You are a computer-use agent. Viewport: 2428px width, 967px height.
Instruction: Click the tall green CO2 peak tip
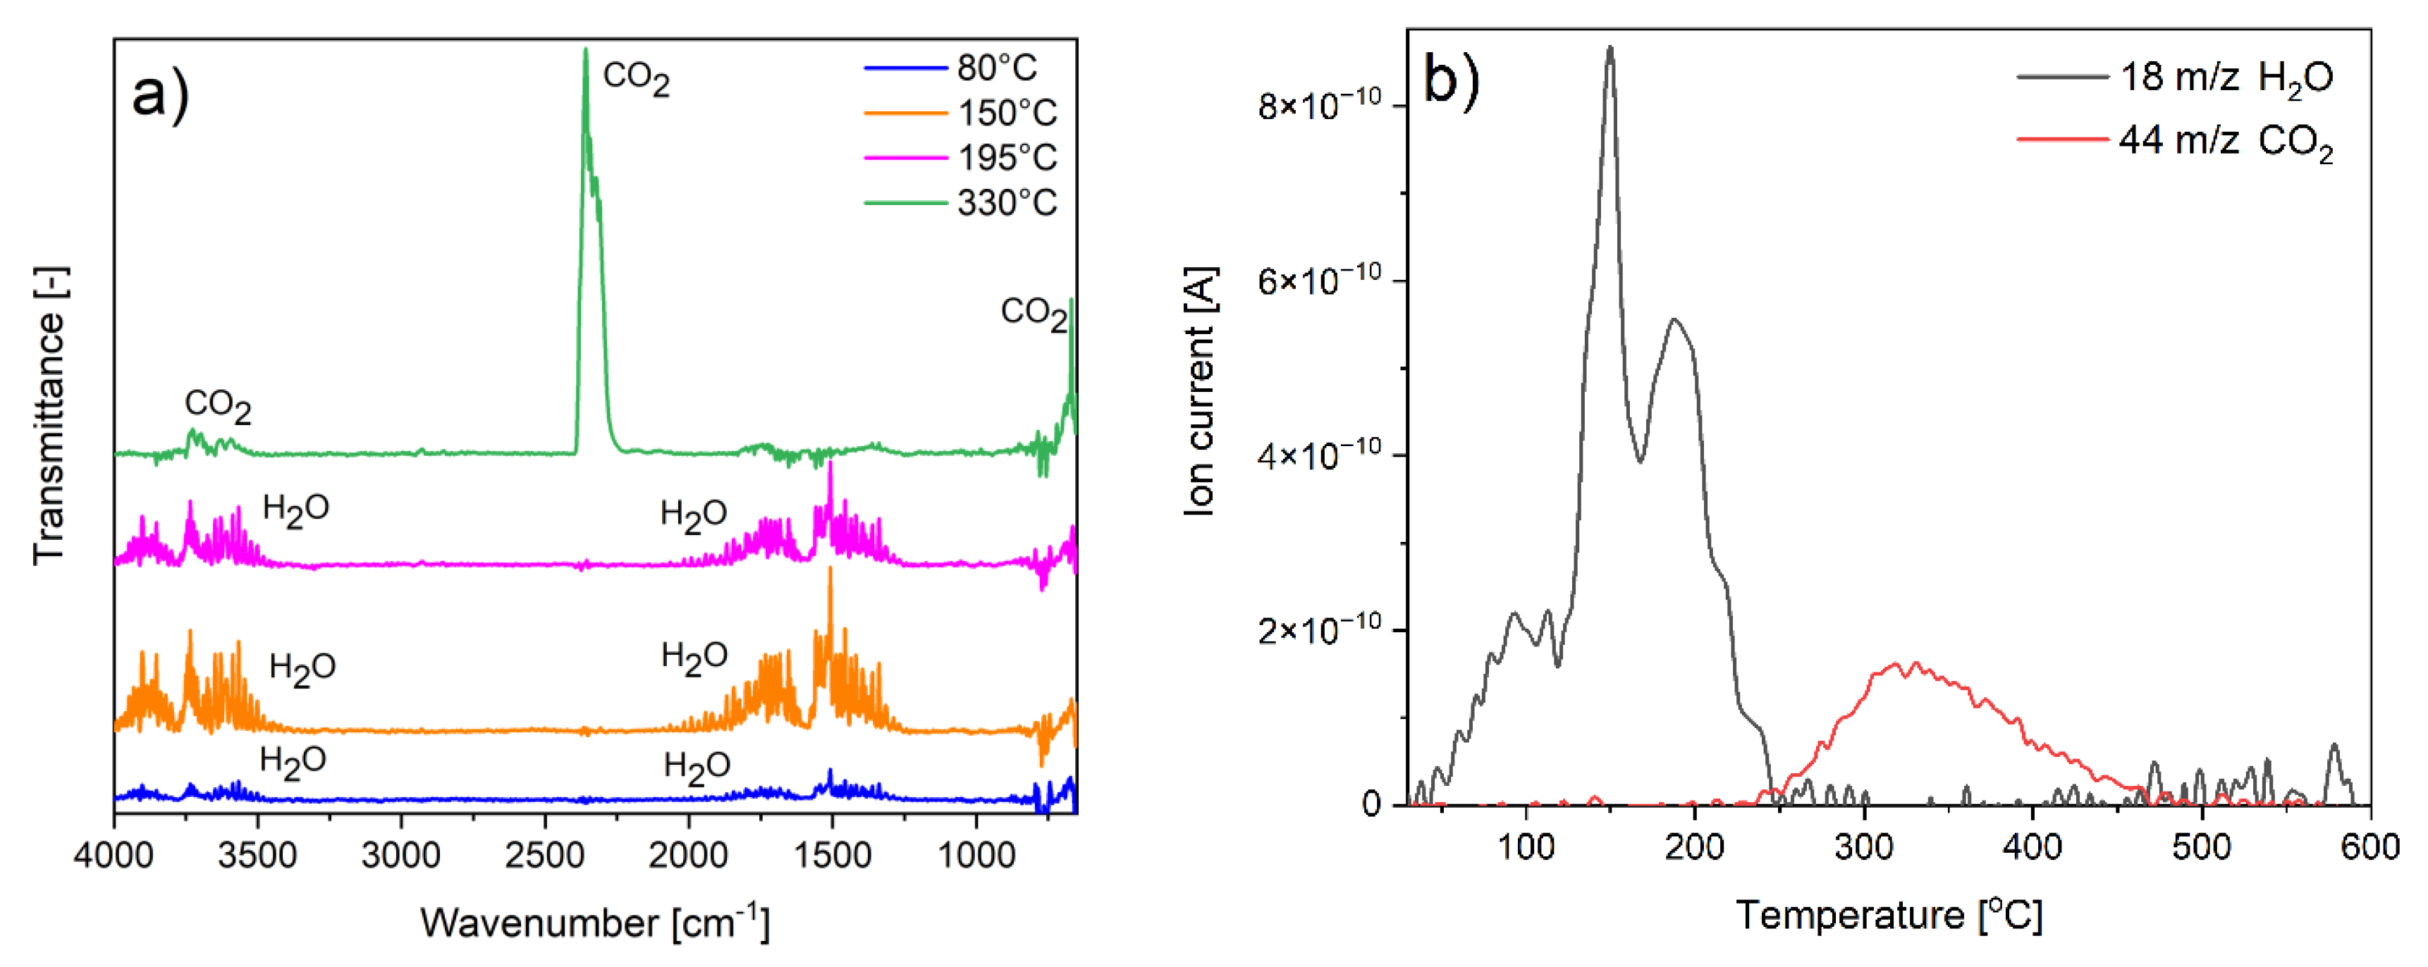(x=585, y=50)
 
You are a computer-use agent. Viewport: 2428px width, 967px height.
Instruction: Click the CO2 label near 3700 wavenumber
(x=218, y=405)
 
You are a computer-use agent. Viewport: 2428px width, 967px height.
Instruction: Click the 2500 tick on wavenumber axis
(x=545, y=855)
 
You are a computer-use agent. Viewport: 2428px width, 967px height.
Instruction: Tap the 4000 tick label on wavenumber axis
(x=114, y=855)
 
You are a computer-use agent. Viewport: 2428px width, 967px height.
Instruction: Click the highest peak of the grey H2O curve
(x=1610, y=47)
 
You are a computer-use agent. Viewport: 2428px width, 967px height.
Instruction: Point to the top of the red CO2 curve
(x=1913, y=663)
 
